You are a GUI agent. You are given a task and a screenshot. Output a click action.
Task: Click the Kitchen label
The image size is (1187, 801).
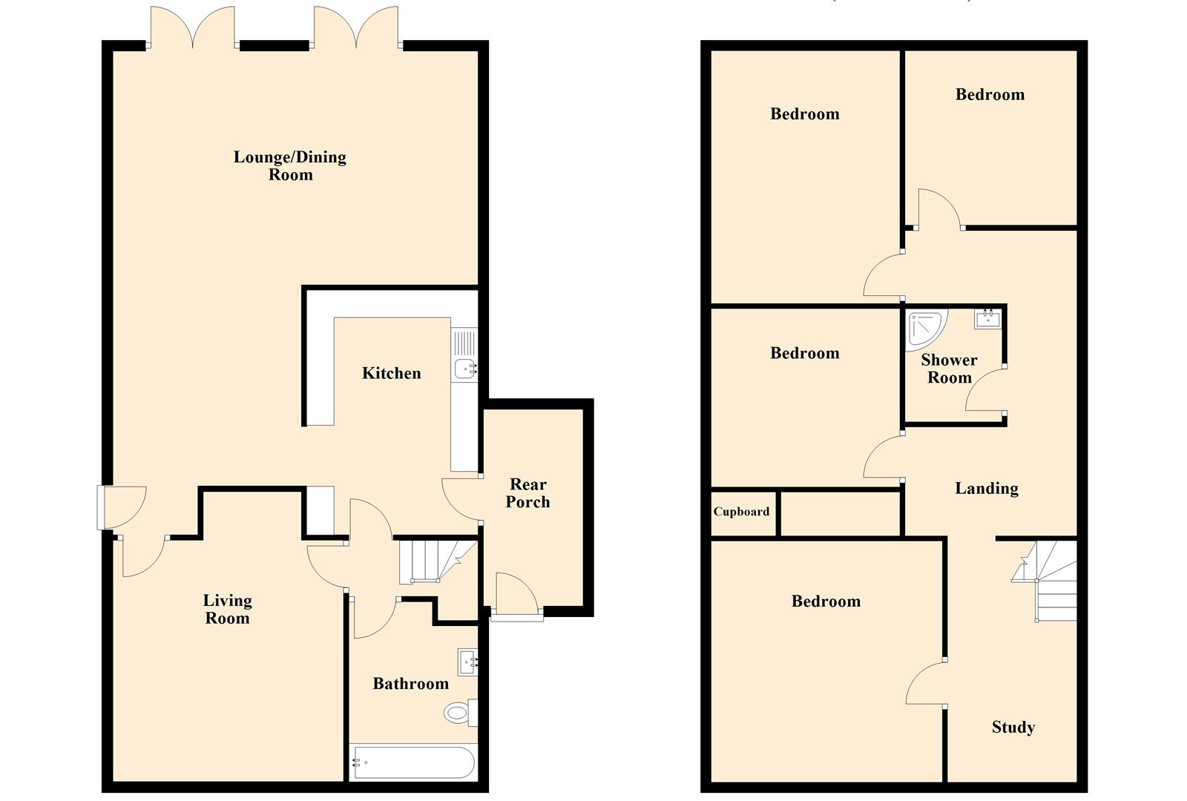pyautogui.click(x=391, y=373)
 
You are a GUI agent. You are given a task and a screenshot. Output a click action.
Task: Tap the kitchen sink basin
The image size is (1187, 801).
pyautogui.click(x=465, y=368)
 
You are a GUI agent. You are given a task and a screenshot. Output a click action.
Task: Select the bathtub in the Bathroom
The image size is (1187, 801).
pyautogui.click(x=413, y=762)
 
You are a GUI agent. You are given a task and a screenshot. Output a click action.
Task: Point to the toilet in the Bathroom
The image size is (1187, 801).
pyautogui.click(x=460, y=713)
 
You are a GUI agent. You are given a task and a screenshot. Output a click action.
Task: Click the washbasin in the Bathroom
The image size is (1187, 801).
pyautogui.click(x=467, y=662)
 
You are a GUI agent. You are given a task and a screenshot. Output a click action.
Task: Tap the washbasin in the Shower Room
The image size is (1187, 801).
pyautogui.click(x=987, y=318)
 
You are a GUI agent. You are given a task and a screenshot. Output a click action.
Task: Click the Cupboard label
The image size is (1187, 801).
pyautogui.click(x=741, y=511)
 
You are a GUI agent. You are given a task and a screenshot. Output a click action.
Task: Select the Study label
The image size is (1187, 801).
pyautogui.click(x=1013, y=728)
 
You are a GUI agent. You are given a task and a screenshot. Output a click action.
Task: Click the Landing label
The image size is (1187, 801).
pyautogui.click(x=987, y=489)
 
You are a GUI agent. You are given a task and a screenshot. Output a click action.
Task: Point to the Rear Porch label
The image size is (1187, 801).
pyautogui.click(x=527, y=492)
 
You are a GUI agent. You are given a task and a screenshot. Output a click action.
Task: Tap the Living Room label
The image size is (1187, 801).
pyautogui.click(x=227, y=609)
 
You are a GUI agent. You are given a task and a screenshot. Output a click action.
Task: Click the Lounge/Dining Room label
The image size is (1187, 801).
pyautogui.click(x=290, y=165)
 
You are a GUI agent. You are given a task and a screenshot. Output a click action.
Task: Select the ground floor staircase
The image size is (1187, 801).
pyautogui.click(x=438, y=562)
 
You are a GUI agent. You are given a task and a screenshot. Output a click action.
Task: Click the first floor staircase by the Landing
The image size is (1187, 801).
pyautogui.click(x=1045, y=581)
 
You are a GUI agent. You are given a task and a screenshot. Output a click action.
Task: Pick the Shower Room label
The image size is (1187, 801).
pyautogui.click(x=949, y=369)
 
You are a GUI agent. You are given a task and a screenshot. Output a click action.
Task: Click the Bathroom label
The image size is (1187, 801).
pyautogui.click(x=411, y=683)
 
